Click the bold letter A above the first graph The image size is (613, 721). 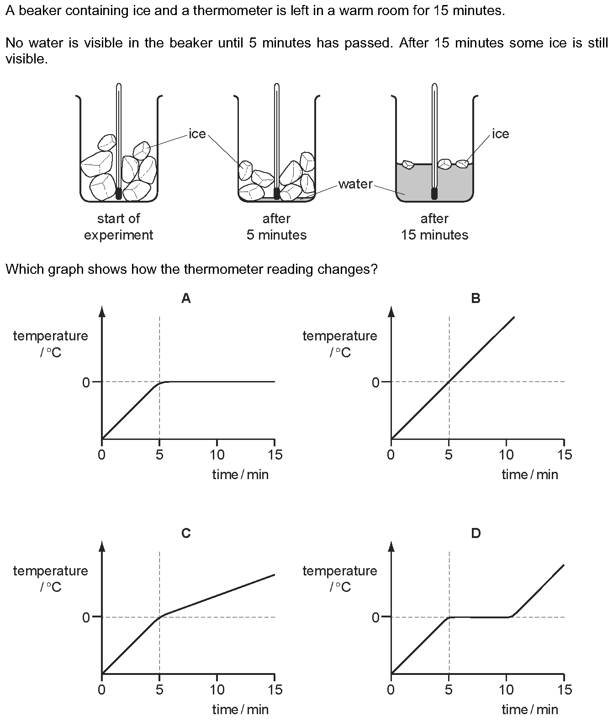186,298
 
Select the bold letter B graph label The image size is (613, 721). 476,298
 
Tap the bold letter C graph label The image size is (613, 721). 186,533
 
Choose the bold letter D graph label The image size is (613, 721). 476,533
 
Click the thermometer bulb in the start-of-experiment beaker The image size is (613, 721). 119,193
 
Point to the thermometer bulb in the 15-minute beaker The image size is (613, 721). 434,193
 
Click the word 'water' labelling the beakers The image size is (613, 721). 355,184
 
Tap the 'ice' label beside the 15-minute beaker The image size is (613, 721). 500,134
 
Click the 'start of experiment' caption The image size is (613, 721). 119,227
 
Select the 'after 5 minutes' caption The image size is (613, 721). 276,227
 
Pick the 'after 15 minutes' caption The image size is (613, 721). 434,227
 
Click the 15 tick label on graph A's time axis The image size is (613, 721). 274,455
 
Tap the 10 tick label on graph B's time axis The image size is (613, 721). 506,455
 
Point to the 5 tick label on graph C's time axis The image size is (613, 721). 159,690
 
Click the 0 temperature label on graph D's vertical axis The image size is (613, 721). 375,617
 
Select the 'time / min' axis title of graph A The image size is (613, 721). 241,475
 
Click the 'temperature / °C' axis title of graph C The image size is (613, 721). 51,579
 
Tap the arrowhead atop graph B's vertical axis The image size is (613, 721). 391,311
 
